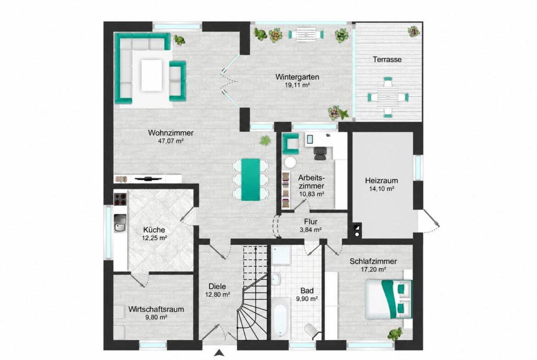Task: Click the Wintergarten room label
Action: tap(297, 77)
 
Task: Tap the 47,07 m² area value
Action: tap(171, 141)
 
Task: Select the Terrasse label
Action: tap(387, 60)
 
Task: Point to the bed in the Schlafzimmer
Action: tap(388, 299)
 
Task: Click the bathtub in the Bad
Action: tap(281, 317)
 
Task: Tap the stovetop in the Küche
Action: tap(120, 199)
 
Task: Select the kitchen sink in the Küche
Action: tap(120, 223)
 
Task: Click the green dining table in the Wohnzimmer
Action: tap(251, 179)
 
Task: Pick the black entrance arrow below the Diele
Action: tap(219, 353)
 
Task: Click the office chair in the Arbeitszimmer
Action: tap(320, 153)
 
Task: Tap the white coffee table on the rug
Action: tap(151, 75)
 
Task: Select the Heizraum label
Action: tap(381, 181)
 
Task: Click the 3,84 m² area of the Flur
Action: tap(311, 230)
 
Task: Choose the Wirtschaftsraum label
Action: tap(156, 310)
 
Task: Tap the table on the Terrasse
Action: tap(388, 97)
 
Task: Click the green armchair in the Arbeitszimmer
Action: tap(291, 144)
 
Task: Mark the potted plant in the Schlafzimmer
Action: tap(395, 333)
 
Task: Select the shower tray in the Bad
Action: tap(281, 255)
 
